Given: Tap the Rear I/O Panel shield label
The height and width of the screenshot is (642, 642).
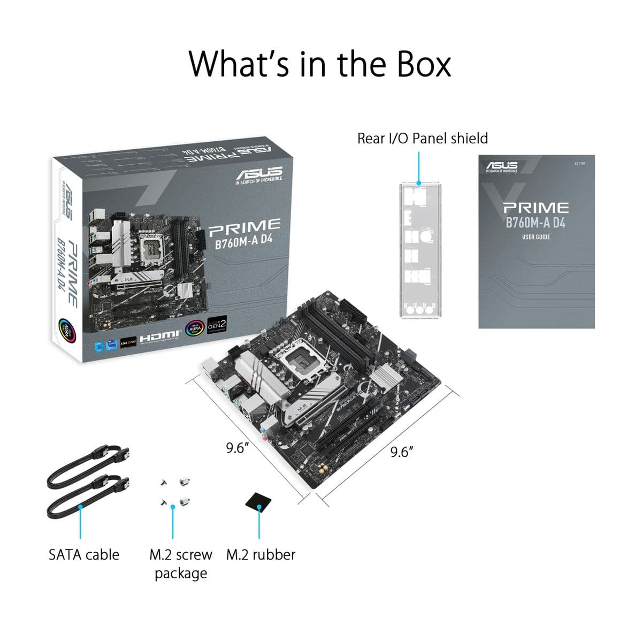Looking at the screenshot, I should (x=422, y=139).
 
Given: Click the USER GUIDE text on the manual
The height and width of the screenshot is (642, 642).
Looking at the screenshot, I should (x=536, y=237).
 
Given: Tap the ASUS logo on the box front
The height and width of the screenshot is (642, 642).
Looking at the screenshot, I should (x=259, y=174).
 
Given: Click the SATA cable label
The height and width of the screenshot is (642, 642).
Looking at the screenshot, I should (x=84, y=554).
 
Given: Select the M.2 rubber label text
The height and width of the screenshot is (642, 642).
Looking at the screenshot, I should (x=261, y=554).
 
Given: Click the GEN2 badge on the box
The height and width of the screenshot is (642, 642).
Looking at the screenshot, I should (x=217, y=326).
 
